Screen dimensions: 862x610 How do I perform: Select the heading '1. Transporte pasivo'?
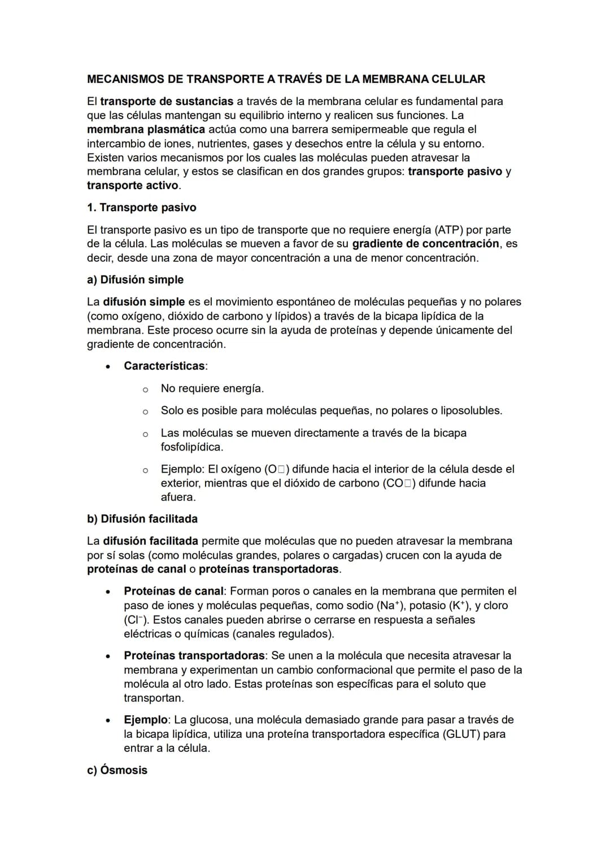point(142,208)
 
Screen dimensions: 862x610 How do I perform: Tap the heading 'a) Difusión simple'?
point(135,280)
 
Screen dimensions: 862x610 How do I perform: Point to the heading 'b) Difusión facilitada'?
point(142,519)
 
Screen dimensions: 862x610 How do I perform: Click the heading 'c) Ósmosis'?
point(117,770)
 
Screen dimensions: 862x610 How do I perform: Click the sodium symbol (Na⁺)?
point(390,605)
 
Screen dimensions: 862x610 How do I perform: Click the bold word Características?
point(164,366)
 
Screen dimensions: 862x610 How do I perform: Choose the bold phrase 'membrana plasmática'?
point(146,129)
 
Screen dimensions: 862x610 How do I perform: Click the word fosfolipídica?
point(191,447)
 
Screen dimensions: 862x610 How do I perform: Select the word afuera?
point(178,497)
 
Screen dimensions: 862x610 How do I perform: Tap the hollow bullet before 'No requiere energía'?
point(145,389)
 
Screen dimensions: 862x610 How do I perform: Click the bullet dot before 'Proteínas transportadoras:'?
point(107,657)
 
